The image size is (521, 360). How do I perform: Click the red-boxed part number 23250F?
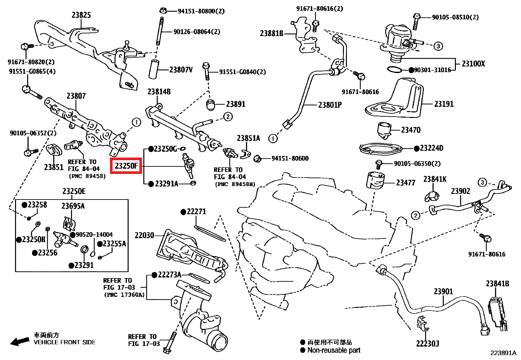126,166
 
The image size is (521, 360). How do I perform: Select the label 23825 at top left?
81,15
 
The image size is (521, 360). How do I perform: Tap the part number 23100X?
473,64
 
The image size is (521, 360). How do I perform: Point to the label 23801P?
330,105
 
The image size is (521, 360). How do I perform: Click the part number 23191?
444,104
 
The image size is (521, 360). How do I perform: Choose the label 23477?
405,183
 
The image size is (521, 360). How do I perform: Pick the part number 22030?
144,235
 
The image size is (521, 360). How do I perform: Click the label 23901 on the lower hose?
443,291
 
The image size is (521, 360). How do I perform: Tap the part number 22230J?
427,344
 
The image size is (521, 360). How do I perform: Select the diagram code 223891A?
503,353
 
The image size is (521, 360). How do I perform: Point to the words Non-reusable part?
334,350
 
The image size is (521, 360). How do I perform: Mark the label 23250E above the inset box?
74,191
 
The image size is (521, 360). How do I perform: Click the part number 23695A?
73,206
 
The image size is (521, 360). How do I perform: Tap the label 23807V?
181,70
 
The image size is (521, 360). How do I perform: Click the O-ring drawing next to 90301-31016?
394,70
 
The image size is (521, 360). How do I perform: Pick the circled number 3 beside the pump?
438,46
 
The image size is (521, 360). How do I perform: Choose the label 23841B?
497,284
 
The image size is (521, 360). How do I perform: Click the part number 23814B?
159,92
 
